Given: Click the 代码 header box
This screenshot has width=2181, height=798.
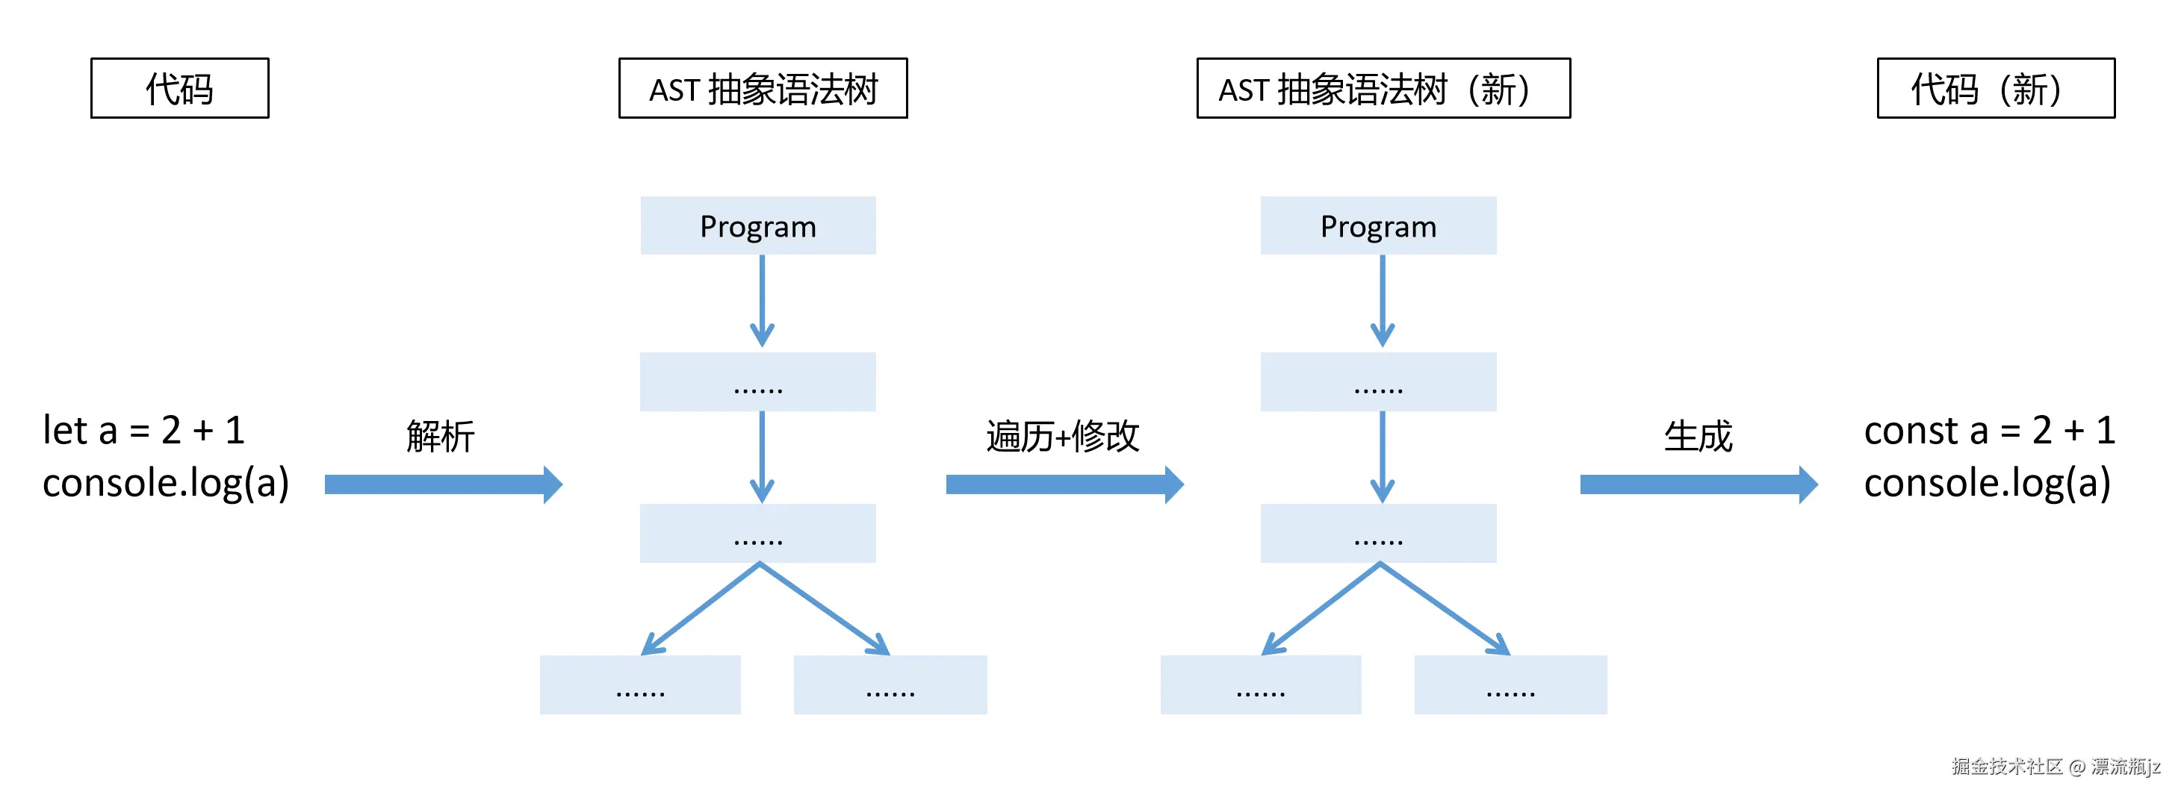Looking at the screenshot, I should pos(179,88).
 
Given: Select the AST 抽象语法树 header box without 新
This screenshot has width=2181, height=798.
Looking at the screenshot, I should pos(763,88).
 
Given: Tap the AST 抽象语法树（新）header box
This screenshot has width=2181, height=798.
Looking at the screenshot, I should pos(1383,88).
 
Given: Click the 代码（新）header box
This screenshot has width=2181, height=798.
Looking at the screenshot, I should pos(1995,88).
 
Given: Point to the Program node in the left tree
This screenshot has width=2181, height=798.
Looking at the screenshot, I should pos(758,226).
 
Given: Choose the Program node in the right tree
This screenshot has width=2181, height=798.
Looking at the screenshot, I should pos(1378,226).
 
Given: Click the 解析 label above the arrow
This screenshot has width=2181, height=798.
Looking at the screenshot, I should pos(440,437).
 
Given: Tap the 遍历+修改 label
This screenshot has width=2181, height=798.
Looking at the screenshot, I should pos(1063,437).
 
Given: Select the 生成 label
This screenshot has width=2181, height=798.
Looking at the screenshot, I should pos(1698,437).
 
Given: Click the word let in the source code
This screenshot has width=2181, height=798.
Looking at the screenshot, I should pos(65,431).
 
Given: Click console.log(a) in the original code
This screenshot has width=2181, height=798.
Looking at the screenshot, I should pos(166,483).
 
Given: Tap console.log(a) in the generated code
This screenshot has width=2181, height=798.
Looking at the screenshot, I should pos(1986,483).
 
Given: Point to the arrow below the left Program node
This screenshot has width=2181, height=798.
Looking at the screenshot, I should pos(762,300).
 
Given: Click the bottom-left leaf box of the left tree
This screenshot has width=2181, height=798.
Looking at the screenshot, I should pos(640,685).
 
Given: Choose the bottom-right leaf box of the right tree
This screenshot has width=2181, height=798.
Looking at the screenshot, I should pos(1510,685).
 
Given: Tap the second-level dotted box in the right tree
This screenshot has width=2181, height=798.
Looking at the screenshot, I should pos(1378,381).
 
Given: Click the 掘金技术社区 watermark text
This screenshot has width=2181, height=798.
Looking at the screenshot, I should pos(2006,767).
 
